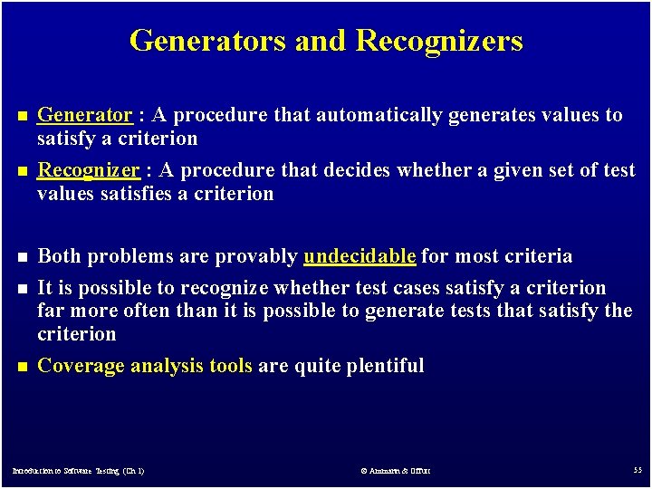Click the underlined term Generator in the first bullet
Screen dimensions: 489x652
[84, 115]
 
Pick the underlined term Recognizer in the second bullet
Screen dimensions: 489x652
[88, 170]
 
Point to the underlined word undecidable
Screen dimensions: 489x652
[360, 256]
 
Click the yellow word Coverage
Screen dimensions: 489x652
[81, 366]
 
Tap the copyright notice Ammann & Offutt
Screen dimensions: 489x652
[395, 471]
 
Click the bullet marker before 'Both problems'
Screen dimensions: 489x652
[22, 257]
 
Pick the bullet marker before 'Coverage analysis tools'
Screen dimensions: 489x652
[22, 367]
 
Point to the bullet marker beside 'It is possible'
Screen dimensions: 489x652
[22, 289]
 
